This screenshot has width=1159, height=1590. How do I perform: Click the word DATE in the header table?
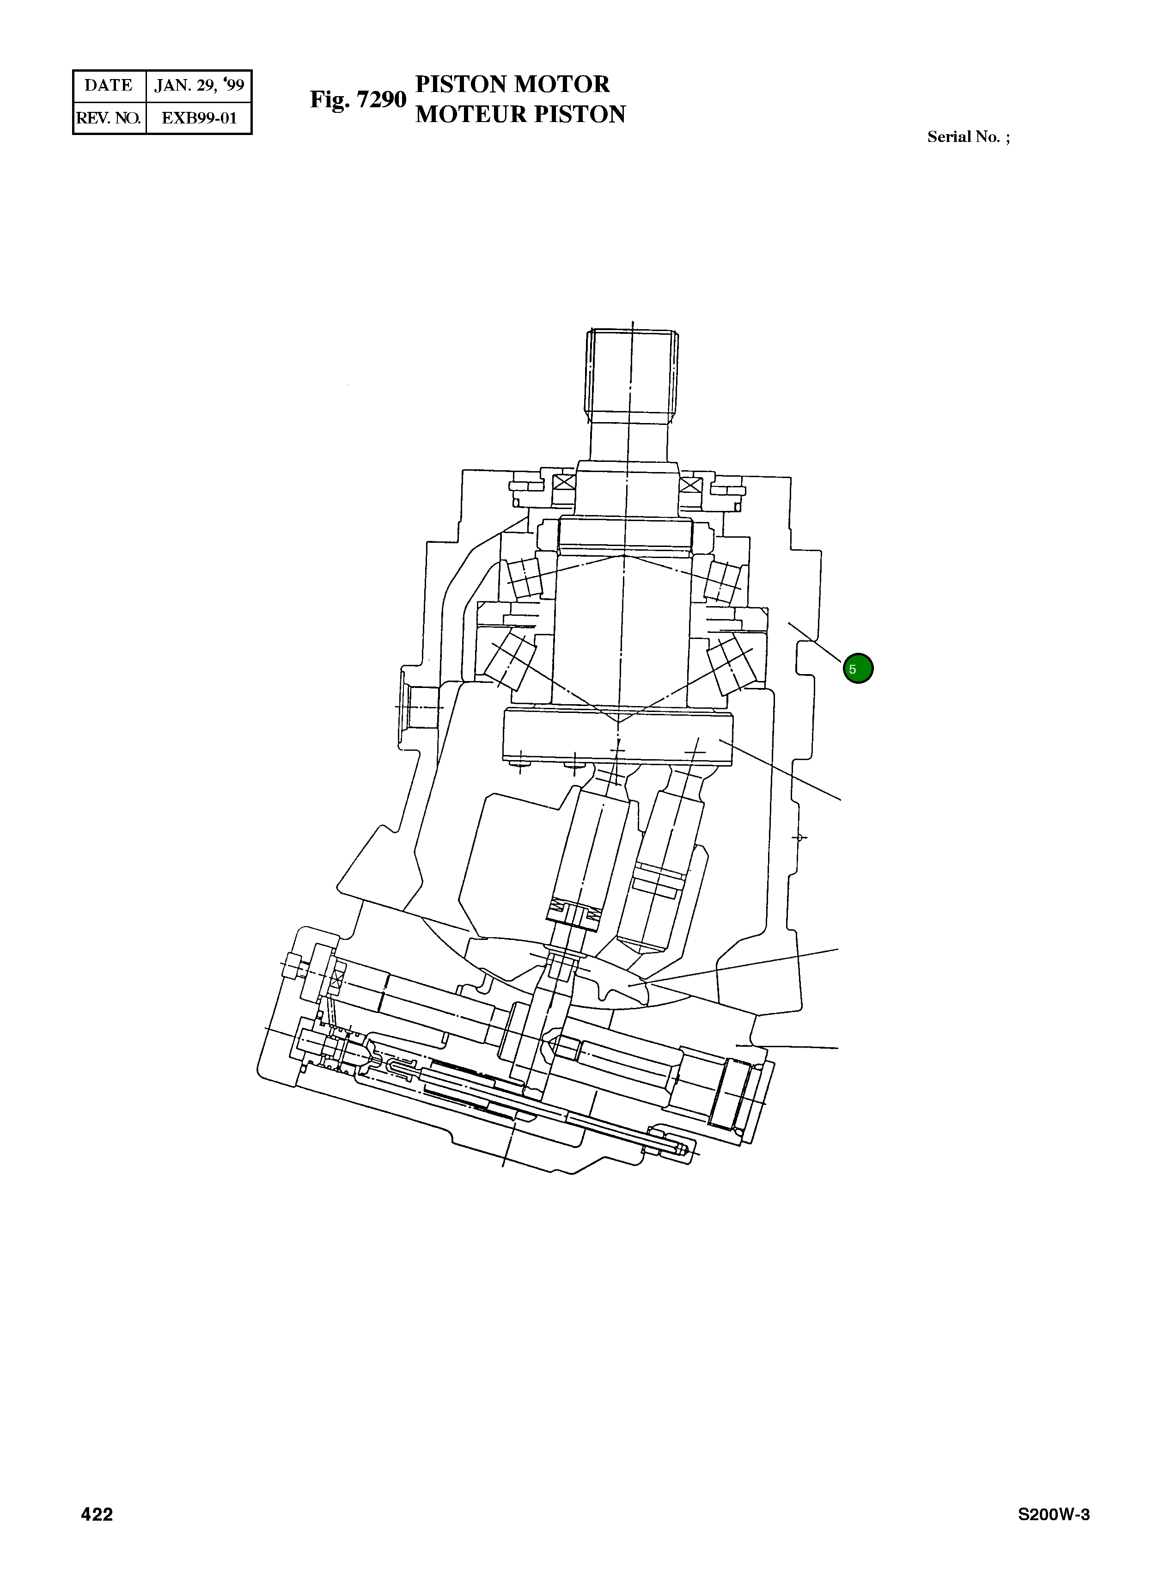coord(108,86)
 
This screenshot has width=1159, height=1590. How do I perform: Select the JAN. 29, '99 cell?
coord(199,86)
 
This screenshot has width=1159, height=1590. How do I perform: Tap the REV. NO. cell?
coord(108,118)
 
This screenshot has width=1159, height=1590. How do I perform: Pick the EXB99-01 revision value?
coord(199,118)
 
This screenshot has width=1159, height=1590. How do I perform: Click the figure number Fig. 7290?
coord(358,100)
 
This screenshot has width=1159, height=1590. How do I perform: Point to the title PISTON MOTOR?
coord(512,84)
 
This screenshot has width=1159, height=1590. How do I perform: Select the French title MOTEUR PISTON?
coord(520,114)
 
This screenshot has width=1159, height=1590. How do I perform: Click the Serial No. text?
coord(968,137)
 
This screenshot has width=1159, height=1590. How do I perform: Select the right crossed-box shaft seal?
coord(690,485)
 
